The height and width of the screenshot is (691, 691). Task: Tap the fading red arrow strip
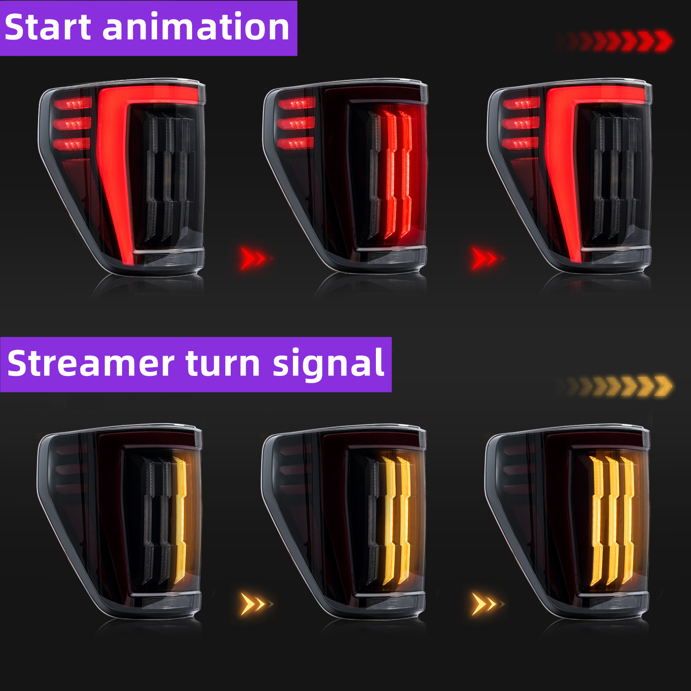(x=615, y=41)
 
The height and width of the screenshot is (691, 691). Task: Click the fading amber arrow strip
(x=615, y=386)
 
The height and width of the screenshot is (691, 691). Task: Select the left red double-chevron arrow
(x=256, y=258)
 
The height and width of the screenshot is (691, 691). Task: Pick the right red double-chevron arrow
(x=487, y=258)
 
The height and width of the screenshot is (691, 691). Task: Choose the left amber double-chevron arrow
(x=256, y=604)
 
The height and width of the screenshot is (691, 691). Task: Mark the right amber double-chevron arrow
(x=487, y=604)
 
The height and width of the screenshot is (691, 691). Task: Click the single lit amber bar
(x=180, y=521)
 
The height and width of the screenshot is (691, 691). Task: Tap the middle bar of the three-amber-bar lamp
(x=613, y=521)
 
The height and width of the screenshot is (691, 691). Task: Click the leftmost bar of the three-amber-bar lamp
(x=597, y=521)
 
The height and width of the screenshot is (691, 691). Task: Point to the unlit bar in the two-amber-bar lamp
(x=374, y=521)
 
